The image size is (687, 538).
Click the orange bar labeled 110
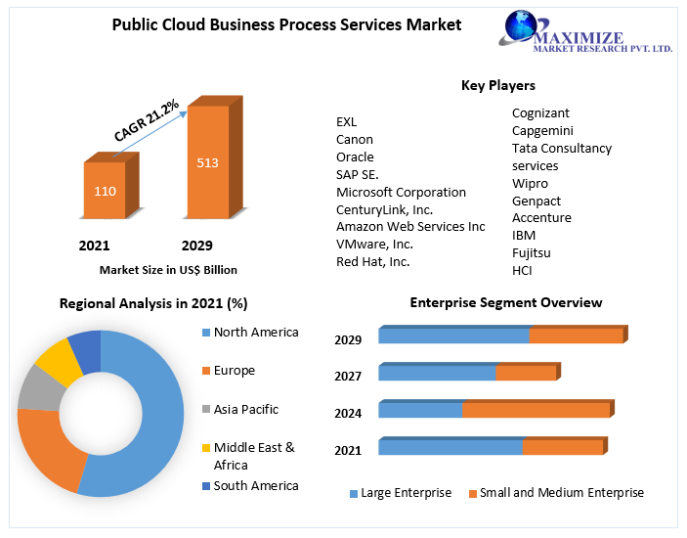[105, 190]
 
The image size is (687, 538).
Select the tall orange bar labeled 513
[207, 161]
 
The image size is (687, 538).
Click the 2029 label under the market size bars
[196, 245]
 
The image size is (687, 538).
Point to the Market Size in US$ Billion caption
[168, 270]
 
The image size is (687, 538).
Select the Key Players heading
[497, 85]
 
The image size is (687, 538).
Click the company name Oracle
[355, 157]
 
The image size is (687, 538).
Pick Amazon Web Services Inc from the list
[410, 226]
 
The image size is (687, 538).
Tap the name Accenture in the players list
[541, 217]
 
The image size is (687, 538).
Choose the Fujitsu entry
[532, 252]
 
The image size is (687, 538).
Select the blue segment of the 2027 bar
[437, 373]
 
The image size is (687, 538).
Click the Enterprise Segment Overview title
[505, 302]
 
